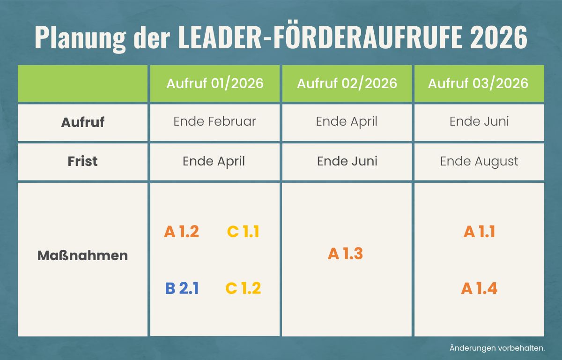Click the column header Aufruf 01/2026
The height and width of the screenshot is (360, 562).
point(214,83)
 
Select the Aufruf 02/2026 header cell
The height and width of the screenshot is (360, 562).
point(347,83)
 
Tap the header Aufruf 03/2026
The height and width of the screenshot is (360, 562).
point(478,83)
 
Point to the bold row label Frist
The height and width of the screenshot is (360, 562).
point(82,161)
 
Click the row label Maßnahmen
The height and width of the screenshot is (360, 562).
point(82,256)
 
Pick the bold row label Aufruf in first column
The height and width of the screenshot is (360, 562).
point(82,122)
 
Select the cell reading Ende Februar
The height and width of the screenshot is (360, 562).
point(214,121)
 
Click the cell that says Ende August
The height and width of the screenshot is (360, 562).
point(479,162)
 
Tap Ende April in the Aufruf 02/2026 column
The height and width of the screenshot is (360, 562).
point(347,121)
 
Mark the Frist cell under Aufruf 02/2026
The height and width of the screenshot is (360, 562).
point(347,161)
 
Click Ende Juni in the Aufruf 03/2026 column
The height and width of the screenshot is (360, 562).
point(479,121)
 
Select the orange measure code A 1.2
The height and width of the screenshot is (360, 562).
point(182,232)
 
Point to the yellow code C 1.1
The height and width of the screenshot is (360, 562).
point(243,232)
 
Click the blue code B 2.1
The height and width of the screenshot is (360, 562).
point(182,288)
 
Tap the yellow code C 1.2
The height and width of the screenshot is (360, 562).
point(243,288)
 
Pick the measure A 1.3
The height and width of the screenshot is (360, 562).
point(346,254)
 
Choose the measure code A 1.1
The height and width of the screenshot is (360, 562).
point(479,232)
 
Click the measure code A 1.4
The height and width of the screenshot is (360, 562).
point(479,288)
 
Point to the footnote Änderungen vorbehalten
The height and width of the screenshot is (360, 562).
point(497,348)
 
